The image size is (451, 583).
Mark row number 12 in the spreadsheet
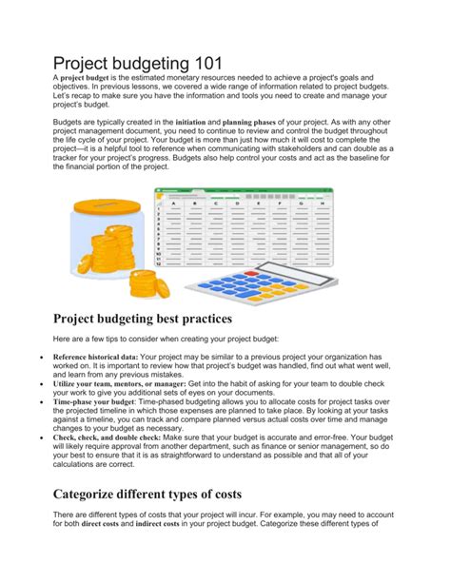pyautogui.click(x=156, y=262)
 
